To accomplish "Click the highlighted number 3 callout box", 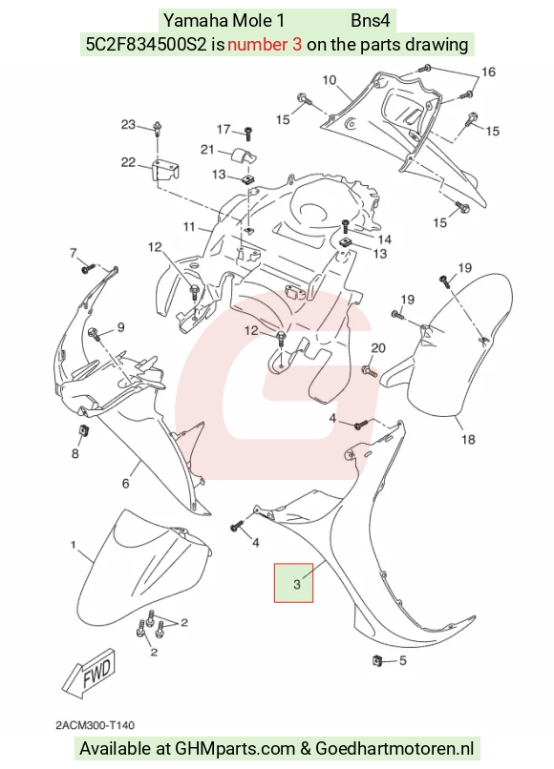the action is pos(293,583).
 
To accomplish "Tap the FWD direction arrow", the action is pos(90,673).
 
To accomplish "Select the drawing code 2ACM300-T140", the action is pos(96,725).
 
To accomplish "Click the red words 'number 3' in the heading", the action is pos(265,45).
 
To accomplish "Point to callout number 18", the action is pos(468,439).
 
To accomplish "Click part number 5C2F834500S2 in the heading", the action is pos(146,45).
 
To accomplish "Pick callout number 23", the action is pos(128,125).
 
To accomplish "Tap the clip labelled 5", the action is pos(376,660).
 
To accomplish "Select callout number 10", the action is pos(330,80).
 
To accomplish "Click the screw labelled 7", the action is pos(88,268).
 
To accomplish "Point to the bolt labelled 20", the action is pos(370,370).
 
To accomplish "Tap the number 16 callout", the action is pos(488,73).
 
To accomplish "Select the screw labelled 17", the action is pos(248,133).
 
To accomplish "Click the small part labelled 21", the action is pos(242,155).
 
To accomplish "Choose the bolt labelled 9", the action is pos(94,335).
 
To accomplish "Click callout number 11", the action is pos(189,227).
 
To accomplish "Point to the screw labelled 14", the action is pos(345,226).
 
